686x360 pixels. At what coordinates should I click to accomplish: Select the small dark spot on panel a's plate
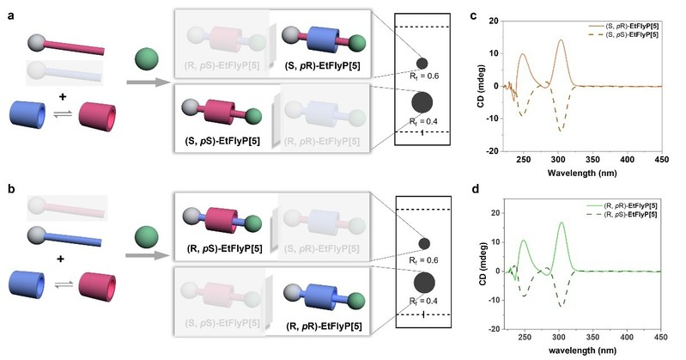422,63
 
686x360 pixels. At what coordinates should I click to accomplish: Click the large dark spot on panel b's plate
422,282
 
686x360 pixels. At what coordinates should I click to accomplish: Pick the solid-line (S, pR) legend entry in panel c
613,15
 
